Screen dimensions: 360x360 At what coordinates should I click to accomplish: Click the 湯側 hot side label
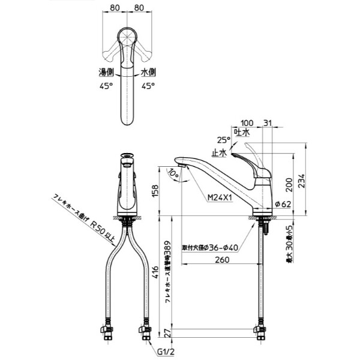point(106,72)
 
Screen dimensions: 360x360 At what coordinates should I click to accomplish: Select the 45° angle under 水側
point(148,86)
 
